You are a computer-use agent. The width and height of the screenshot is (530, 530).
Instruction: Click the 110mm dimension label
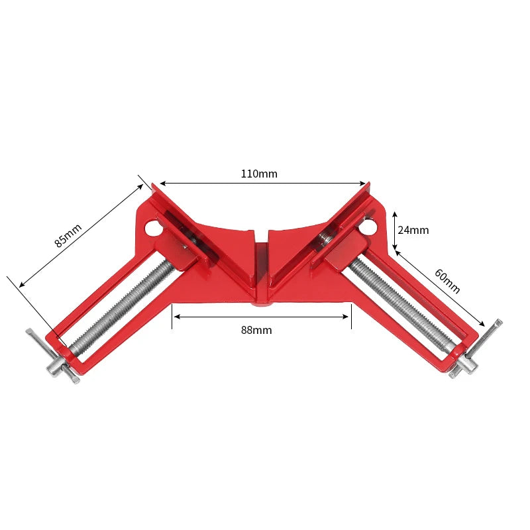click(259, 174)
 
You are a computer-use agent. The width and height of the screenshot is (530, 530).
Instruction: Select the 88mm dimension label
click(256, 330)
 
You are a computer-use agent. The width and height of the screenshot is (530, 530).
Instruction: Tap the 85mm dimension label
click(68, 235)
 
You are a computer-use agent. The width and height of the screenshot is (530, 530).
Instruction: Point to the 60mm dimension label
click(447, 281)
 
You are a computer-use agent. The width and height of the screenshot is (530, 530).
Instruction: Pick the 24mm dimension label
click(413, 231)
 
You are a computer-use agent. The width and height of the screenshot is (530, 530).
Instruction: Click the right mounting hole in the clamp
click(368, 228)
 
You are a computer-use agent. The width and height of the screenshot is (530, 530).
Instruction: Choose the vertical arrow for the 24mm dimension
click(395, 231)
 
